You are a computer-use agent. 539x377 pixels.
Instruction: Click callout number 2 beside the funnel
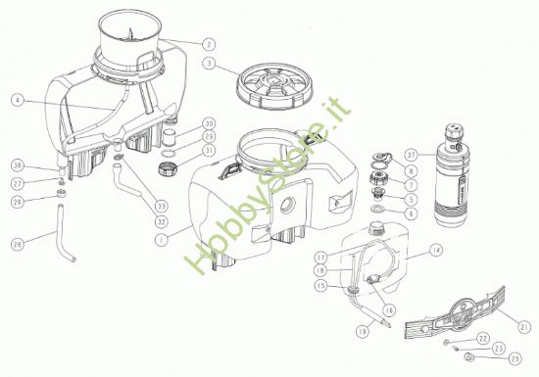pyautogui.click(x=208, y=44)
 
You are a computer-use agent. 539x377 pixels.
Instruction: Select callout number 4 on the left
pyautogui.click(x=18, y=100)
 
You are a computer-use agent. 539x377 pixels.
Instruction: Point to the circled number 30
pyautogui.click(x=208, y=122)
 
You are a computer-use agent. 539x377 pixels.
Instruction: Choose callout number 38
pyautogui.click(x=18, y=165)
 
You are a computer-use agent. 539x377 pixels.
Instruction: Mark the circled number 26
pyautogui.click(x=18, y=202)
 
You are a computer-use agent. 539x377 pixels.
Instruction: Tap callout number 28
pyautogui.click(x=18, y=244)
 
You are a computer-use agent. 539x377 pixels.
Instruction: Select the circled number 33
pyautogui.click(x=160, y=204)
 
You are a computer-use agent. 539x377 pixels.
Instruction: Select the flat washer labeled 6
pyautogui.click(x=377, y=212)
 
